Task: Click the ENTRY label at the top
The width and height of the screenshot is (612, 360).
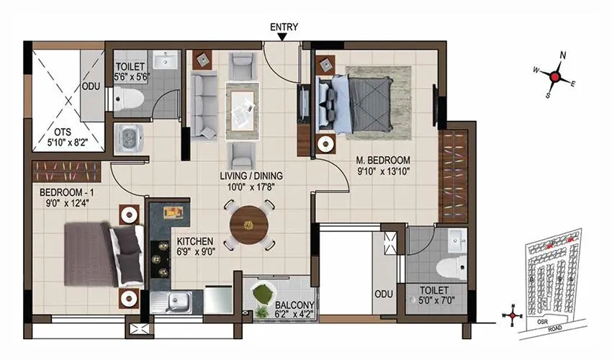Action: [x=284, y=27]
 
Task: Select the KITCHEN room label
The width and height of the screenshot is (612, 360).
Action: [x=194, y=241]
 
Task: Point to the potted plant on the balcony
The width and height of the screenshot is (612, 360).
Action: [x=264, y=295]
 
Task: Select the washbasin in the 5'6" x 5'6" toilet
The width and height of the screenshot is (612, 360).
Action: [x=167, y=59]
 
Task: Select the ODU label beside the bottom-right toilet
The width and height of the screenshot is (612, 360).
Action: [x=383, y=294]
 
